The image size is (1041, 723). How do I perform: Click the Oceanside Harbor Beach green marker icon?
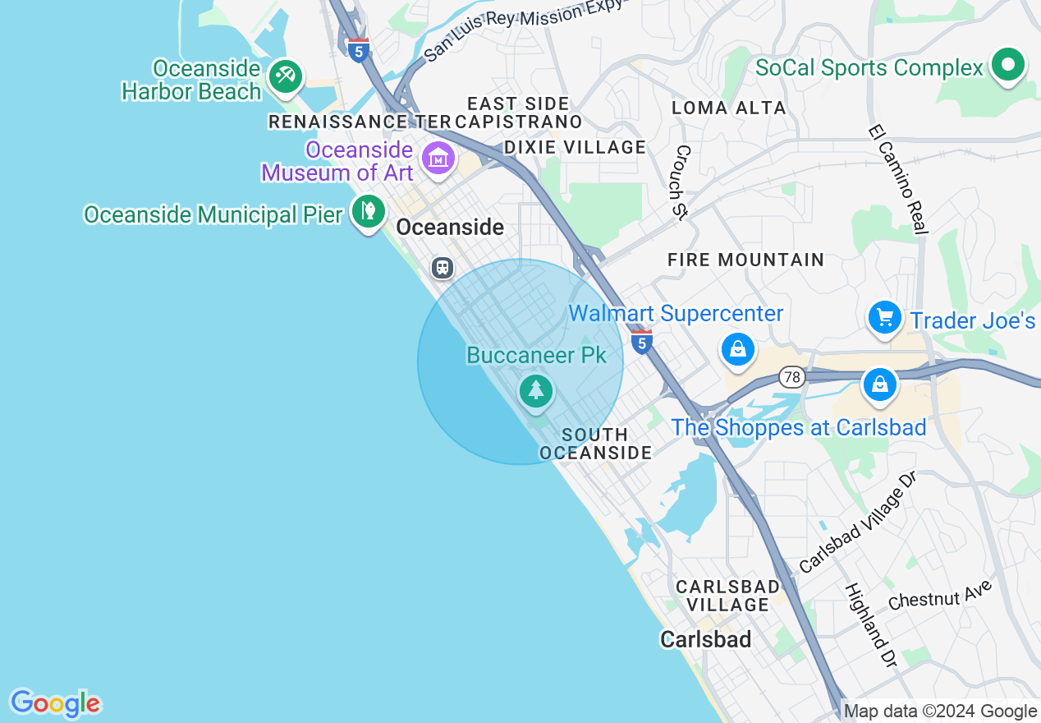[x=285, y=76]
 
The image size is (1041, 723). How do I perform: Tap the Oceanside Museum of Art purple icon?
[x=438, y=157]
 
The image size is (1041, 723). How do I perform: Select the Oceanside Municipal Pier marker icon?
[x=369, y=211]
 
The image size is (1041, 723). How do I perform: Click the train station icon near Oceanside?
[x=443, y=267]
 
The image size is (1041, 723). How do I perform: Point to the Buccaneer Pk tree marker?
[x=536, y=389]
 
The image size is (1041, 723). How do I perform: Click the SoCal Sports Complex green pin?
[x=1008, y=65]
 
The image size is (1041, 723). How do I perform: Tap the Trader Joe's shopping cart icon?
[x=885, y=317]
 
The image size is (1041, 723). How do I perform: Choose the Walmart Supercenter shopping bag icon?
[x=738, y=349]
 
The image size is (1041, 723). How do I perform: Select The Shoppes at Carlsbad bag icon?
[x=879, y=384]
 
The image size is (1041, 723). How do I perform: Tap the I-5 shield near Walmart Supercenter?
[x=642, y=342]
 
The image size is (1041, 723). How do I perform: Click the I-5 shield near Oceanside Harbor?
[x=357, y=51]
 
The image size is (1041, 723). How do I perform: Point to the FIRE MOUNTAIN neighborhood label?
[x=745, y=260]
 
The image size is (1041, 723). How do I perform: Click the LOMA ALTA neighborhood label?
[x=729, y=108]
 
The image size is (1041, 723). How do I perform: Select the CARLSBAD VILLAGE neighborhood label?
[x=727, y=596]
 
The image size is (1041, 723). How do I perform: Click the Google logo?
[x=55, y=703]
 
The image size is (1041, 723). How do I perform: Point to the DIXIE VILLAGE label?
[x=575, y=147]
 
